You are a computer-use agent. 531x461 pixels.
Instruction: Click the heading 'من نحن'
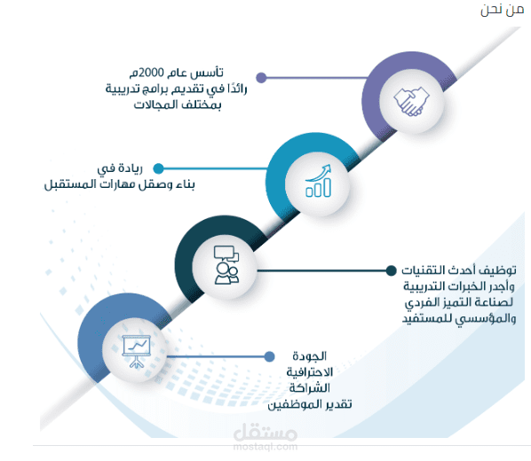502,10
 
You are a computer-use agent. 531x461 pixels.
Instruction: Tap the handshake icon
411,101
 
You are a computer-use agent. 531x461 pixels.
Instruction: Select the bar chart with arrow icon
318,181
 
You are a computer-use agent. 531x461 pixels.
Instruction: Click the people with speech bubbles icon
226,265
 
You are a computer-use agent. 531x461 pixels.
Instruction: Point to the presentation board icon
136,351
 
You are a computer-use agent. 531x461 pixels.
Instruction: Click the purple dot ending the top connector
261,78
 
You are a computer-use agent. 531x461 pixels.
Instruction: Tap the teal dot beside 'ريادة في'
158,168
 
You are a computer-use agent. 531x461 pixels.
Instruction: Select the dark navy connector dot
391,270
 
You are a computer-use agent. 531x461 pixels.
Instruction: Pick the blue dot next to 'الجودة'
269,356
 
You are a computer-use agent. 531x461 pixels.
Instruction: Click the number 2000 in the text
151,73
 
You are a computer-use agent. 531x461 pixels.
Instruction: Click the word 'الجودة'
310,356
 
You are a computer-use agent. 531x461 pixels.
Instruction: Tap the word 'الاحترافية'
310,372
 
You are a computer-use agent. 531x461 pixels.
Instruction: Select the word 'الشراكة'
310,388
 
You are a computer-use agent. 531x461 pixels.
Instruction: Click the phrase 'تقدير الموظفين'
310,404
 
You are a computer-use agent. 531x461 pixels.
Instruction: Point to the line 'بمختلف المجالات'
178,105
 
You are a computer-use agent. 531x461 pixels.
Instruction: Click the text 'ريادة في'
120,168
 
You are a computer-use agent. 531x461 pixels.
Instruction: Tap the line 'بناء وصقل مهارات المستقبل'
120,184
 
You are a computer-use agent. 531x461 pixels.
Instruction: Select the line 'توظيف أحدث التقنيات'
459,270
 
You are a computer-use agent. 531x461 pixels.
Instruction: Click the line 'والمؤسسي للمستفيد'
459,318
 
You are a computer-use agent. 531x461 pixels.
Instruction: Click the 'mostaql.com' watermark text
265,447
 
